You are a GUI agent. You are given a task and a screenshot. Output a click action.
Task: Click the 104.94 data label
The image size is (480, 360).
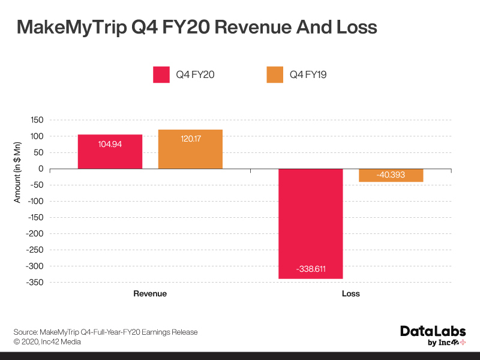click(x=110, y=145)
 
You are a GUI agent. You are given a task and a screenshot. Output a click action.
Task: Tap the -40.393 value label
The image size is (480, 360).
click(x=391, y=175)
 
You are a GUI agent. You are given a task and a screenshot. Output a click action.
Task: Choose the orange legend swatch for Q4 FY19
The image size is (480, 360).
click(x=275, y=74)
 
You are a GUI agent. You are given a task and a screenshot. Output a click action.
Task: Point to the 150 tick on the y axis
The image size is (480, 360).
click(x=37, y=120)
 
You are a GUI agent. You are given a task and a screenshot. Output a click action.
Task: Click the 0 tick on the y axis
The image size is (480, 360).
click(x=41, y=169)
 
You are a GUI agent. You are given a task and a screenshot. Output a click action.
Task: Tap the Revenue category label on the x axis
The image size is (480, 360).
click(x=150, y=294)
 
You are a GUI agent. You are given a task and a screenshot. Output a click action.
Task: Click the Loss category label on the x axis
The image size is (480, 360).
click(x=350, y=294)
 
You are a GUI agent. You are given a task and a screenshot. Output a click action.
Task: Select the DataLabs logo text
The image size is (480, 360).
click(x=433, y=331)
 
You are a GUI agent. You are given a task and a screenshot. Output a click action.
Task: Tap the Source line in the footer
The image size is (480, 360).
click(x=106, y=332)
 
